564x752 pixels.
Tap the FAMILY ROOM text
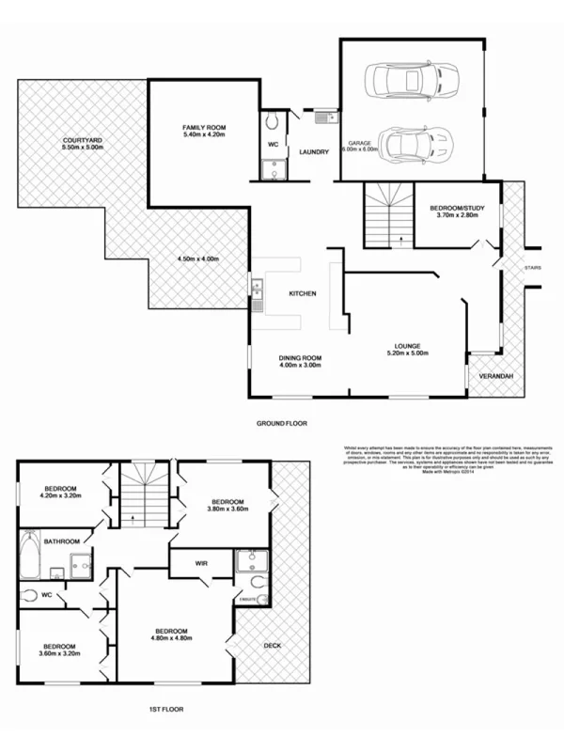[x=204, y=127]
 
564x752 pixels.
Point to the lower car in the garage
[x=410, y=146]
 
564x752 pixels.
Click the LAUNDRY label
[x=312, y=151]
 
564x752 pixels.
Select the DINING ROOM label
[x=300, y=358]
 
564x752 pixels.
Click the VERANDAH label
[x=495, y=376]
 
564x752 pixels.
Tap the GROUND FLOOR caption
[x=282, y=424]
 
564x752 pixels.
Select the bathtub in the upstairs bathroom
[x=29, y=555]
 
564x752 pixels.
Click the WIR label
[x=201, y=563]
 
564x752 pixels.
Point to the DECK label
[x=273, y=645]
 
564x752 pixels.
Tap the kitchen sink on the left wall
[x=256, y=294]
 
